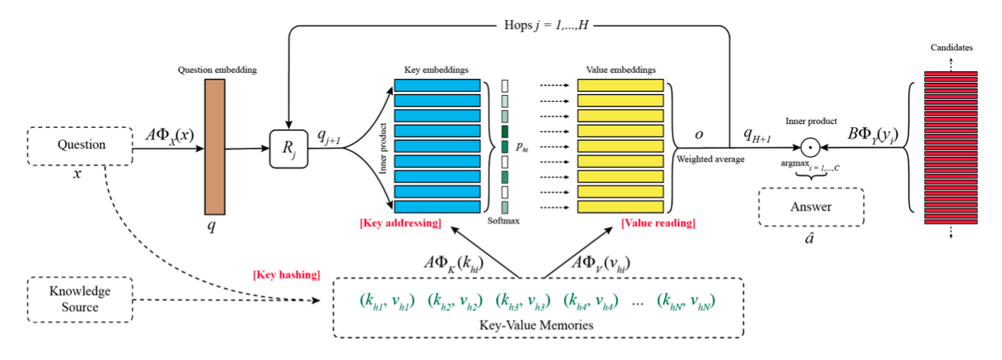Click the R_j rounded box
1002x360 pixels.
pyautogui.click(x=288, y=149)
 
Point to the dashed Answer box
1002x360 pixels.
pyautogui.click(x=810, y=206)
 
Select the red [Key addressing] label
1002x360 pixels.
pyautogui.click(x=399, y=223)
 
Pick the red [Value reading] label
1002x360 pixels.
pyautogui.click(x=657, y=223)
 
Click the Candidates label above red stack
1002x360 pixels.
pyautogui.click(x=951, y=47)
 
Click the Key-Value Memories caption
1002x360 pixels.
pyautogui.click(x=537, y=326)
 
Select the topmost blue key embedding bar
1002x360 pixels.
pyautogui.click(x=437, y=85)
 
